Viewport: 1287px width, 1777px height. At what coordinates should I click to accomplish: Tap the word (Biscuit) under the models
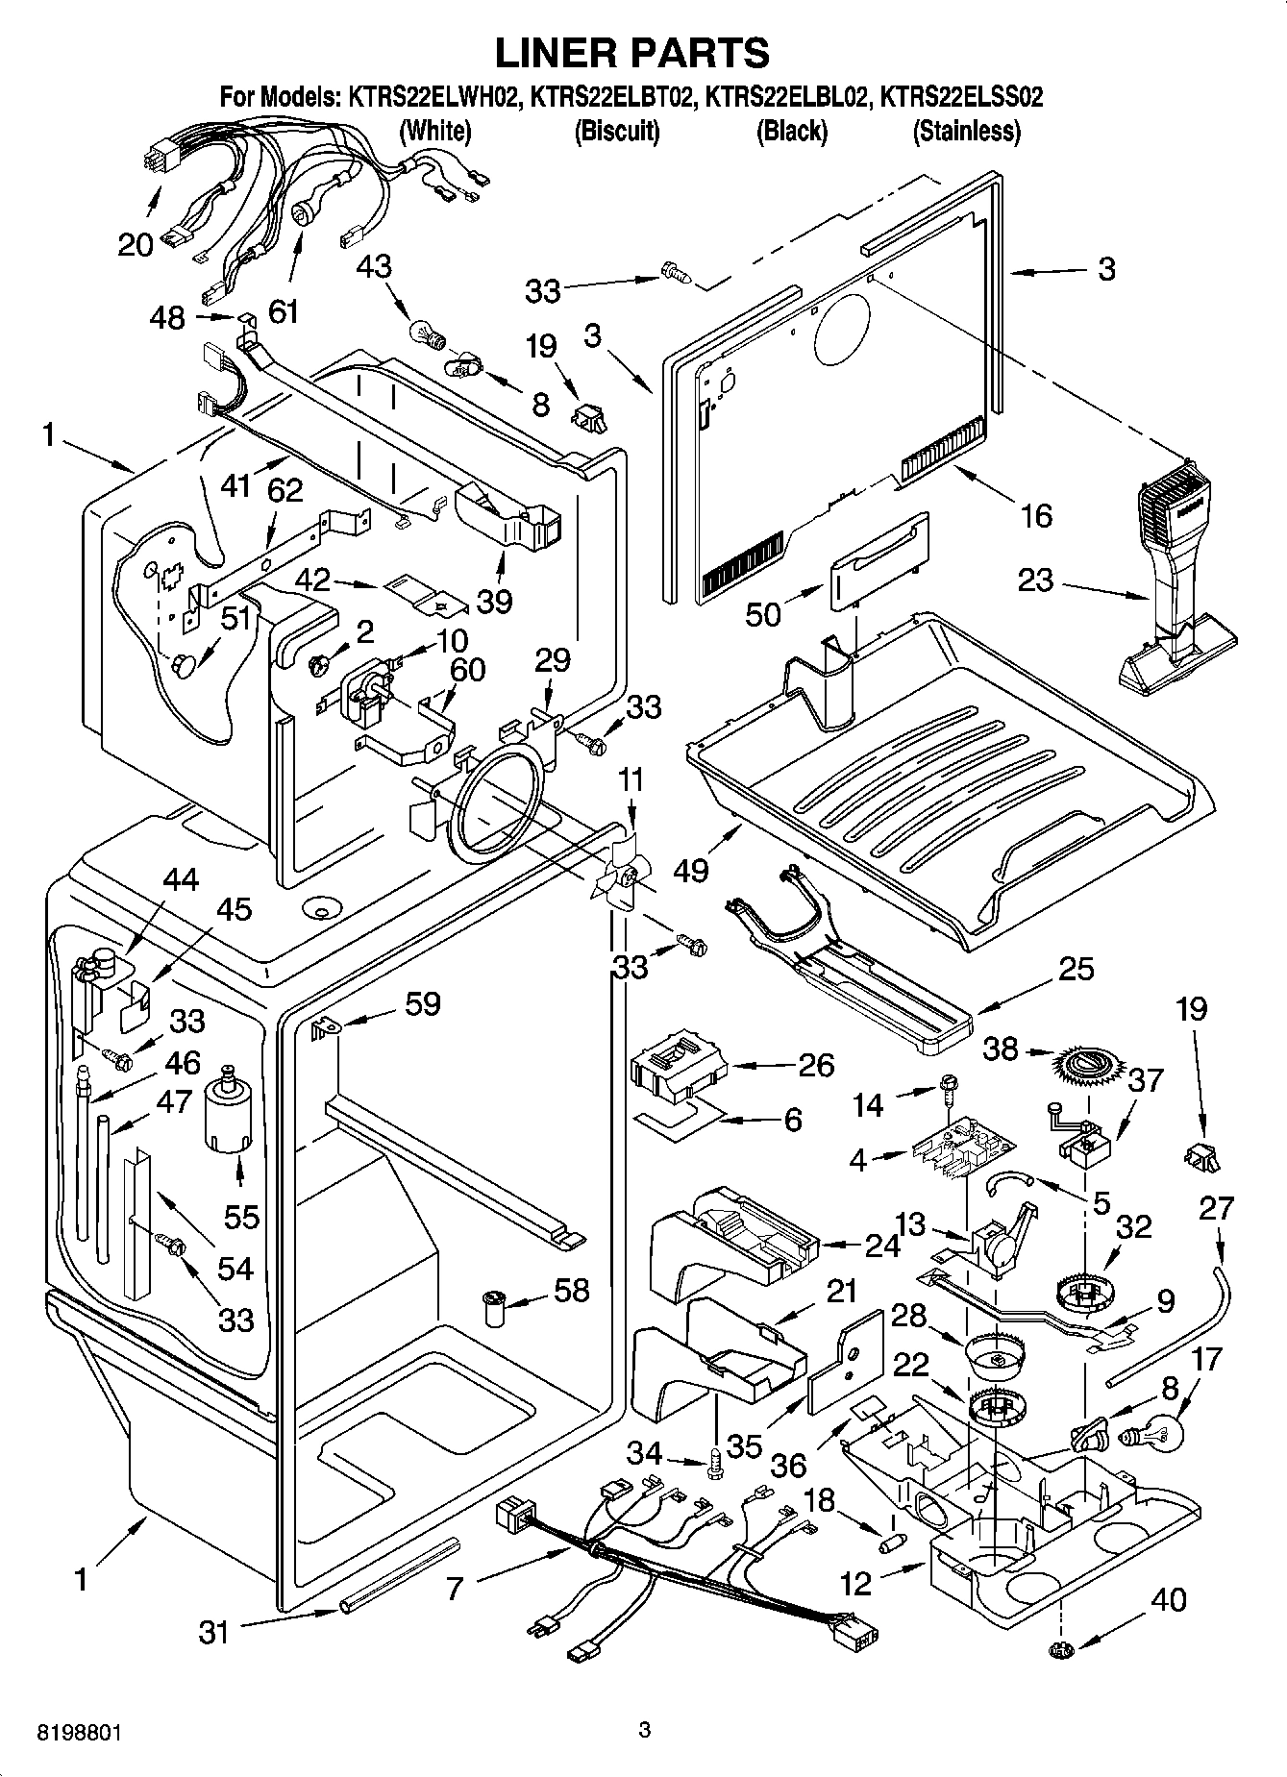[616, 131]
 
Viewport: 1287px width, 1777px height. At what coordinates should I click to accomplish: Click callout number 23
[1035, 580]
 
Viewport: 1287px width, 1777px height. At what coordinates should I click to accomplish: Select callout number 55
[241, 1217]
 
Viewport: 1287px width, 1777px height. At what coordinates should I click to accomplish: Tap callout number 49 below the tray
[691, 871]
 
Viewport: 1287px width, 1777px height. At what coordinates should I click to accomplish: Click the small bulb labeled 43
[426, 333]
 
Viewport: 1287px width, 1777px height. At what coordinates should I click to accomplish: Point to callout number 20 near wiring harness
[136, 244]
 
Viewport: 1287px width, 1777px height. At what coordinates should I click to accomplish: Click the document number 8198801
[79, 1734]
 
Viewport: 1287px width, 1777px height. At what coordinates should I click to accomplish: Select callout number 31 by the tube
[213, 1631]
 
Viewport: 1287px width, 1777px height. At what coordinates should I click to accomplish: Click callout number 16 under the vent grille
[1035, 516]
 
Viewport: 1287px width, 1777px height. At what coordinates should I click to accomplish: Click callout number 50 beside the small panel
[763, 614]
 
